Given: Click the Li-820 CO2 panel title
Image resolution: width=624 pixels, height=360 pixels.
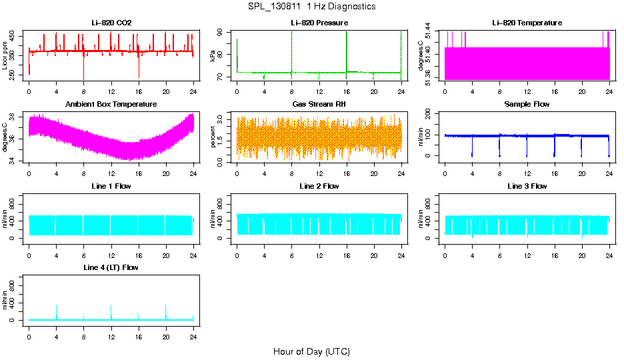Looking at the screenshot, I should click(x=111, y=23).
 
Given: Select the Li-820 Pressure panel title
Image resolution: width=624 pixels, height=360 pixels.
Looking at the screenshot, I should click(x=319, y=23).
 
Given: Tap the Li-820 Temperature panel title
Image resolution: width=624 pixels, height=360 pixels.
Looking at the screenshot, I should click(x=527, y=23).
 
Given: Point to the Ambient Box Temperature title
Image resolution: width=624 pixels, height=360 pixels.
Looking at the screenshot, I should click(x=111, y=104).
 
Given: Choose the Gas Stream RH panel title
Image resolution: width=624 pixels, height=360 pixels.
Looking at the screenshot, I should click(x=319, y=104).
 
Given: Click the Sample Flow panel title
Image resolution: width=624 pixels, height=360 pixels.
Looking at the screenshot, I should click(x=527, y=104).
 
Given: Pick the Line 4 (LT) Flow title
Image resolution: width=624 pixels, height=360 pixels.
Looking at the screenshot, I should click(x=111, y=267).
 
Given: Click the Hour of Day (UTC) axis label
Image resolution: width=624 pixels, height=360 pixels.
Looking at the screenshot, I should click(x=311, y=351).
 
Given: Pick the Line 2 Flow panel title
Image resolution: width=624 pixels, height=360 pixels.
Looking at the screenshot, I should click(x=319, y=186).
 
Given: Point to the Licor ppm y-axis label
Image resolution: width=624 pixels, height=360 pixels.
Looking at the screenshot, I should click(x=6, y=58).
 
